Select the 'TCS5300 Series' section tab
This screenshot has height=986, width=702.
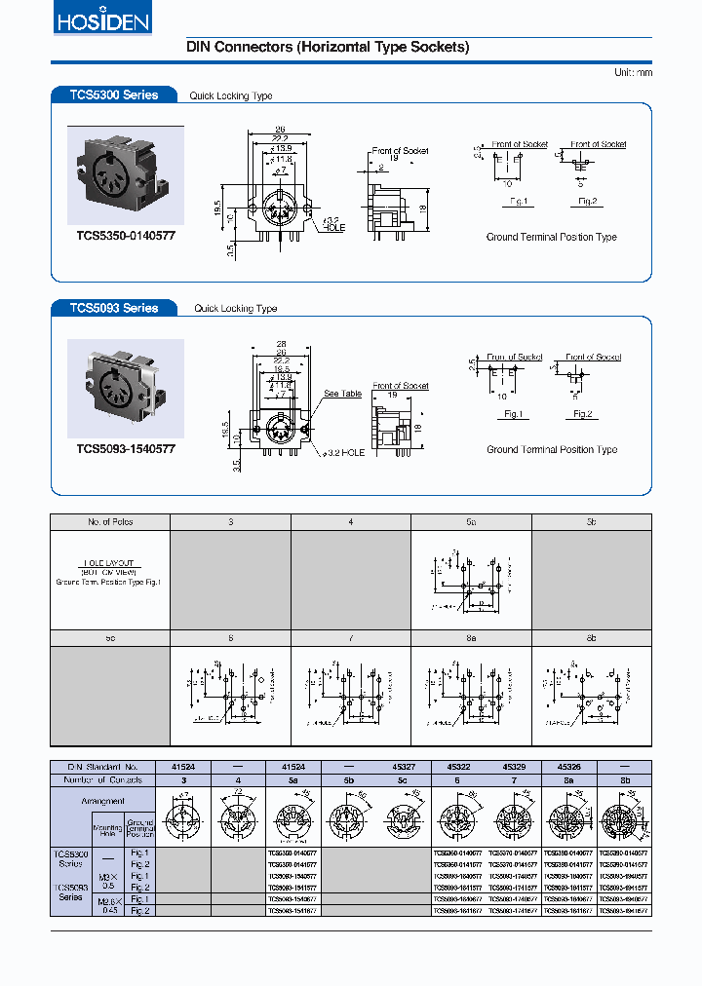coord(113,95)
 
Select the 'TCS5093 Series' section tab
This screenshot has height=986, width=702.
coord(113,308)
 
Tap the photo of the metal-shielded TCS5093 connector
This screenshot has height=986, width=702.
coord(126,388)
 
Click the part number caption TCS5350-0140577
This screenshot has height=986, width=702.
coord(126,236)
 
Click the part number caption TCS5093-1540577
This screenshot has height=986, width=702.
coord(126,448)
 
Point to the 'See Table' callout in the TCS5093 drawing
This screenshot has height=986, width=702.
coord(342,394)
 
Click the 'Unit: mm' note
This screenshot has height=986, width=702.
coord(633,73)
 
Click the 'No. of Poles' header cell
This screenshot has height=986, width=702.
coord(110,522)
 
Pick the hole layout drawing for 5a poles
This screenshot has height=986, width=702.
coord(471,581)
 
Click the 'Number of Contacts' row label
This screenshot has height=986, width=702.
coord(104,779)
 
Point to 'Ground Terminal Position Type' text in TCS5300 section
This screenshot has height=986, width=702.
coord(552,237)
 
